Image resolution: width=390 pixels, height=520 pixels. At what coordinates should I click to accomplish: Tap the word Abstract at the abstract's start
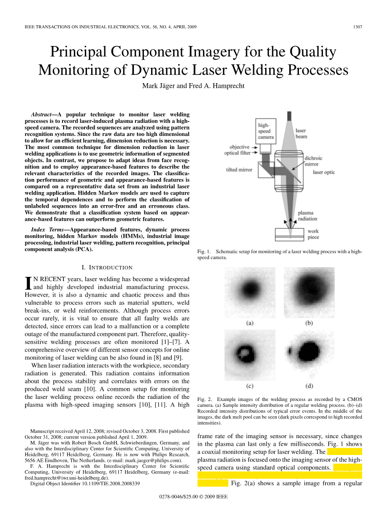43,114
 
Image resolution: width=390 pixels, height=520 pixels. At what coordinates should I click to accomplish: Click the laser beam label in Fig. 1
301,133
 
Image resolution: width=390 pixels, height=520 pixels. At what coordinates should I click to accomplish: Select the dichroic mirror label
313,161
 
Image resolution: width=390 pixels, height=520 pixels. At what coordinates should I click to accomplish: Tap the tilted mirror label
239,170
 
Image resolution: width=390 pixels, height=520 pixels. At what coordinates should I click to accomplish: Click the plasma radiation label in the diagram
307,216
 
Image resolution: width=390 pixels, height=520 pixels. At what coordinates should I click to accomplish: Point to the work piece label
313,234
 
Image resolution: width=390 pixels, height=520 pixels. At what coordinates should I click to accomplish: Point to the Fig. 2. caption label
204,399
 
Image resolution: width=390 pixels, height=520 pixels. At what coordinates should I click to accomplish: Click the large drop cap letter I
29,283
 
